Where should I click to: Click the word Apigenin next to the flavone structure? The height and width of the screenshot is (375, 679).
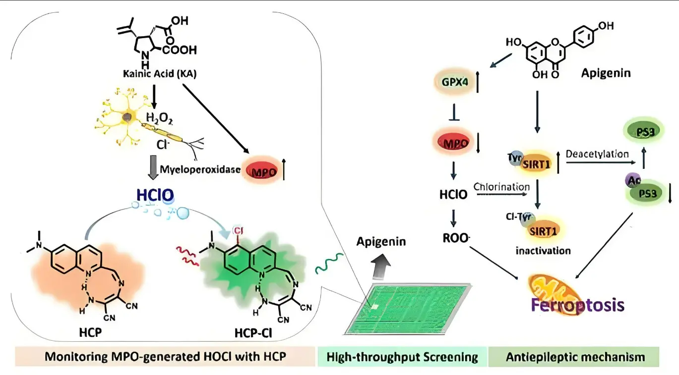(x=606, y=74)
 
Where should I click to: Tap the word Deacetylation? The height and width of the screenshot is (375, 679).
(x=597, y=154)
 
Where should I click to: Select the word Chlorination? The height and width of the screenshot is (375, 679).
(x=501, y=187)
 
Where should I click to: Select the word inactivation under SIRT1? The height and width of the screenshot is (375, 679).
(x=543, y=250)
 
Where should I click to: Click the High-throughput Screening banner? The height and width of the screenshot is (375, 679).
(x=402, y=357)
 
